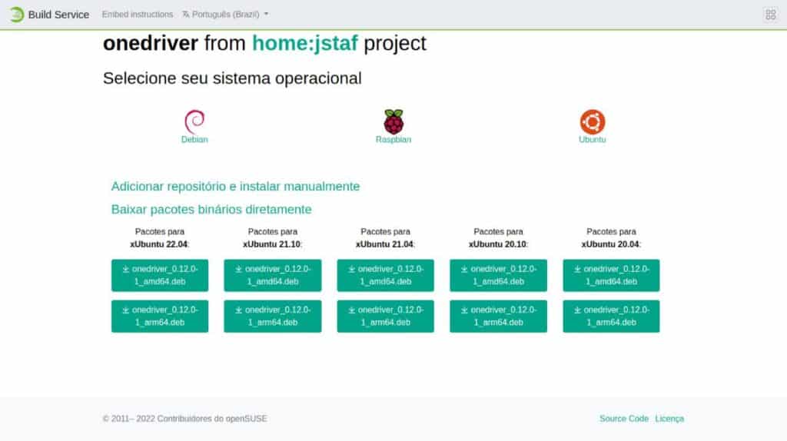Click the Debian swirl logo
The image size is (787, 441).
(x=194, y=121)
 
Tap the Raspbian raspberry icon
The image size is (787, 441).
(x=393, y=121)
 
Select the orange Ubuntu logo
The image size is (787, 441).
(x=593, y=121)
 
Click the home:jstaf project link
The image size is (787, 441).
(x=304, y=43)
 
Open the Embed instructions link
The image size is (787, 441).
(x=138, y=15)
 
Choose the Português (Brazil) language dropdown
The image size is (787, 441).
(x=225, y=15)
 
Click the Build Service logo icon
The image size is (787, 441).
(x=17, y=15)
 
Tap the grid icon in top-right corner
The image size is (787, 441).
(x=770, y=15)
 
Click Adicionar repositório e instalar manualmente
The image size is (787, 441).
(x=235, y=186)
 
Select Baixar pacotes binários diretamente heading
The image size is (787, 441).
(x=211, y=209)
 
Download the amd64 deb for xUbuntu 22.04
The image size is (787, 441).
(x=160, y=276)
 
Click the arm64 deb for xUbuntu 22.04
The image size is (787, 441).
(x=160, y=316)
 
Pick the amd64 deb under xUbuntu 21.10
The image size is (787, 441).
(x=273, y=276)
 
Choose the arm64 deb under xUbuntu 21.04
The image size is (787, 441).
(x=386, y=316)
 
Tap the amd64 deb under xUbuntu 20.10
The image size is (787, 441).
(x=498, y=276)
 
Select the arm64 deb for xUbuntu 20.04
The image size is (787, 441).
(x=611, y=316)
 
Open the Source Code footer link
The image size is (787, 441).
(x=624, y=419)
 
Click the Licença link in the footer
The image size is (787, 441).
(x=669, y=419)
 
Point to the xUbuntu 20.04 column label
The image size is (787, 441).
(x=611, y=244)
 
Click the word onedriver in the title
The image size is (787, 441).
(x=151, y=43)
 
